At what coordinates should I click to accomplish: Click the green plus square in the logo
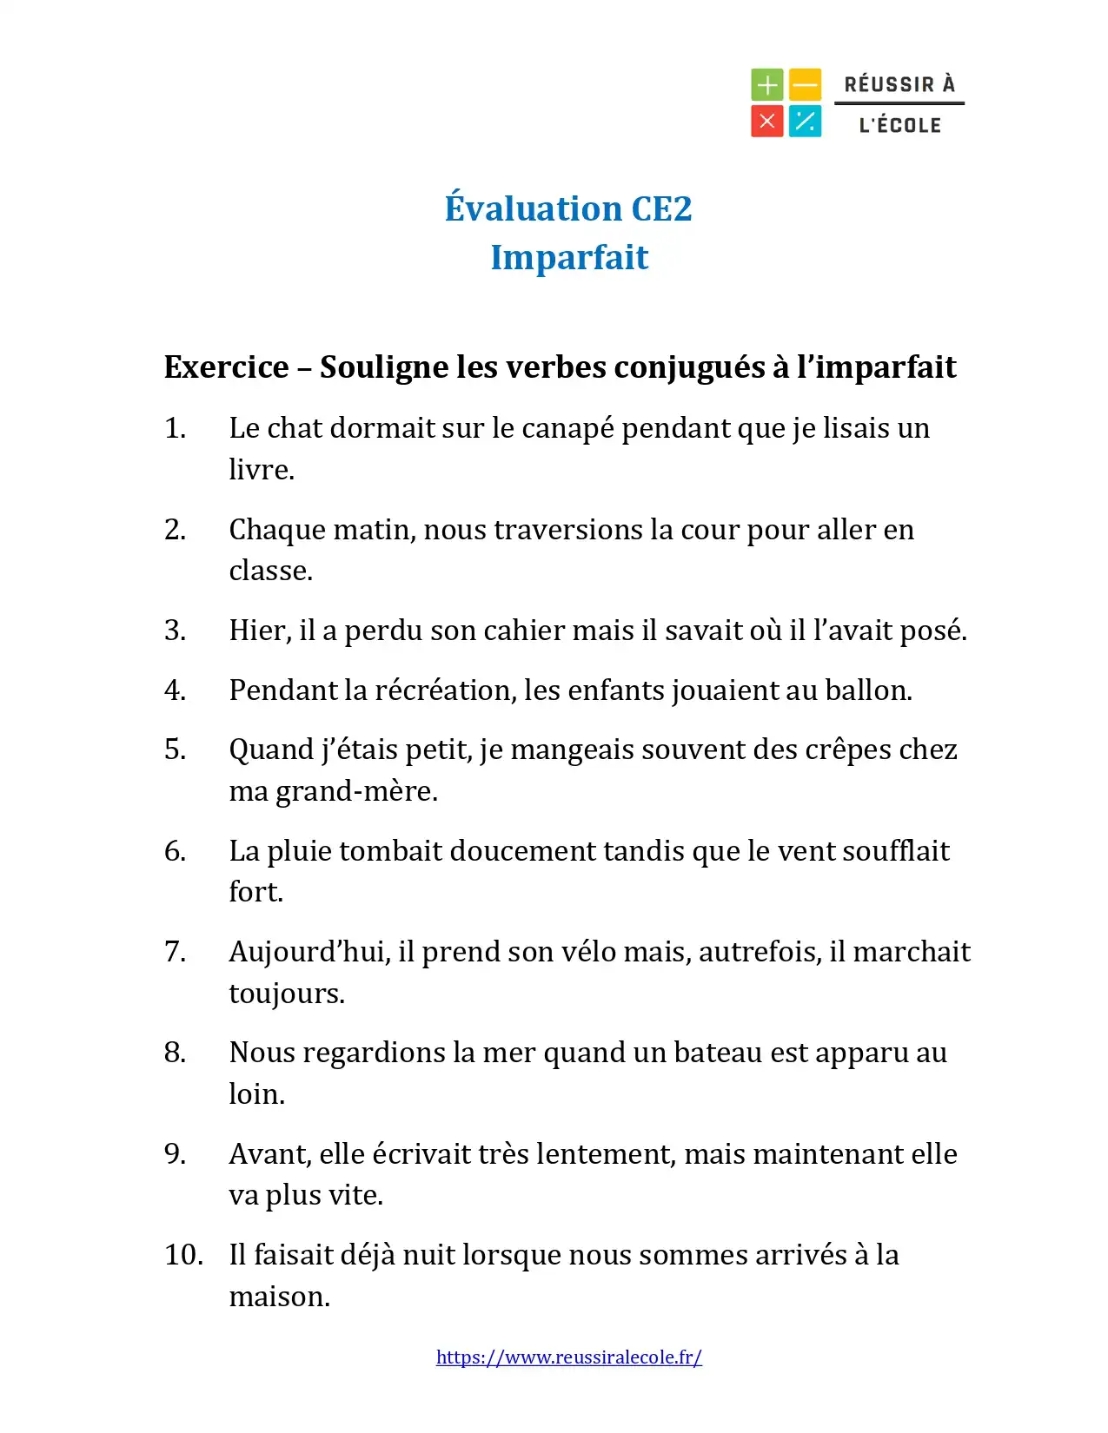[x=766, y=85]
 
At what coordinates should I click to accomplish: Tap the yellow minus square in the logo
[x=806, y=85]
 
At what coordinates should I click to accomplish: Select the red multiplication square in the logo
[x=766, y=122]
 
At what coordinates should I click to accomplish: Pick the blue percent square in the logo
[x=806, y=122]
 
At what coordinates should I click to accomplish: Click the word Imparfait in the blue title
[x=569, y=258]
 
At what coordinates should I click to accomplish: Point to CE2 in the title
[x=661, y=209]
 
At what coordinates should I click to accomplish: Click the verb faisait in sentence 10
[x=294, y=1255]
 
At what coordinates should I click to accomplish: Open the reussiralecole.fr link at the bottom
[x=569, y=1357]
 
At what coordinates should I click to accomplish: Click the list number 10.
[x=182, y=1255]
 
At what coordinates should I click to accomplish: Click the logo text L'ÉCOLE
[x=899, y=125]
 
